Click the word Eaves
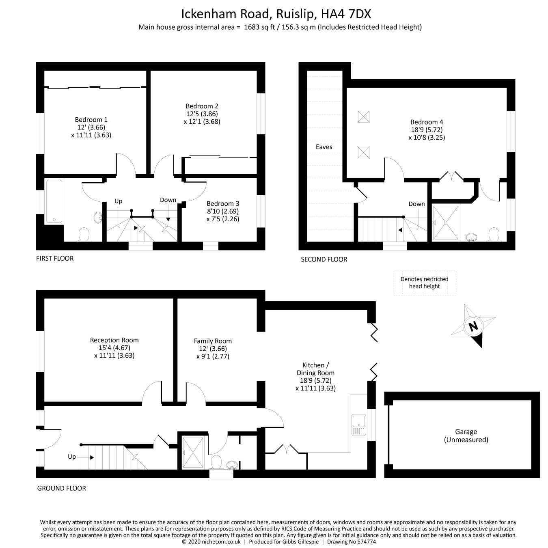point(324,147)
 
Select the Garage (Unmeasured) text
point(466,436)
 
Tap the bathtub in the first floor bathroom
point(54,201)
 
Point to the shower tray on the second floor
point(446,223)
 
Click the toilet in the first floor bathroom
point(84,235)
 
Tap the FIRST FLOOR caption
point(55,258)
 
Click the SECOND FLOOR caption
point(324,259)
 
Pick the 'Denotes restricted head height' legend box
point(425,283)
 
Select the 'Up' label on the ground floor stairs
point(72,457)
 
